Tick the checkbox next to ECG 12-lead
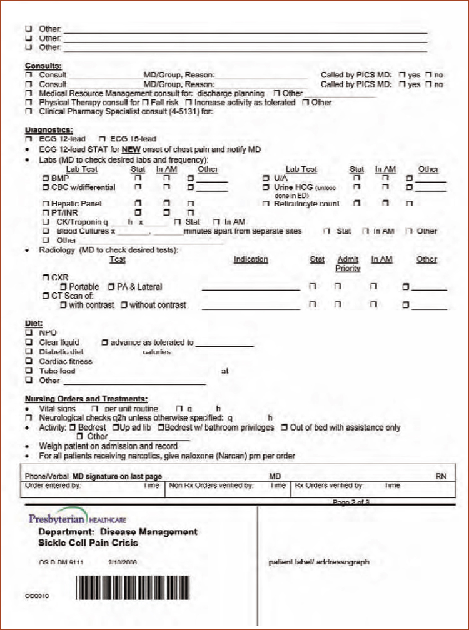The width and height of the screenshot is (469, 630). coord(28,139)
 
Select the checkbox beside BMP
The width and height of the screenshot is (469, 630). coord(45,179)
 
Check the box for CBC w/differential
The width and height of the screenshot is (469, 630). coord(45,187)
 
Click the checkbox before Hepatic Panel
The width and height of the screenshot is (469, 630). coord(45,204)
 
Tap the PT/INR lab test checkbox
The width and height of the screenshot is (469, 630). coord(45,213)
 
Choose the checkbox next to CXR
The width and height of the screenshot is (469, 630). coord(45,277)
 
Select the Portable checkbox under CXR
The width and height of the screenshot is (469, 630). coord(63,287)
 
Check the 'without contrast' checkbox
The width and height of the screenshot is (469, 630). coord(124,306)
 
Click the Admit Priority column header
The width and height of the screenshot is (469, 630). coord(348,264)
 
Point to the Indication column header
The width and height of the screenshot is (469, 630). coord(251,259)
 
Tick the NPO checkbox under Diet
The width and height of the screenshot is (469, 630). coord(28,333)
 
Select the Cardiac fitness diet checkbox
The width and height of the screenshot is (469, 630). coord(28,361)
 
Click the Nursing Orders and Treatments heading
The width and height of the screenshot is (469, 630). coord(86,399)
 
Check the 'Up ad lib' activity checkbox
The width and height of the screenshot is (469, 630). coord(116,427)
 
